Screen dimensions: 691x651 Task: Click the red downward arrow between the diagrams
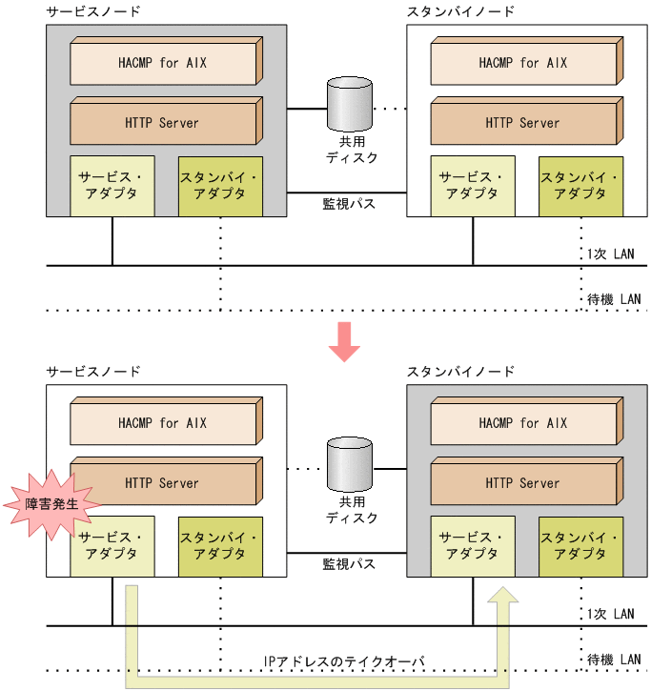coord(343,342)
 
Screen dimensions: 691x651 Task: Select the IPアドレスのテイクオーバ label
coord(344,661)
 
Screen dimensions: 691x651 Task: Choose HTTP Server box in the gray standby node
coord(523,483)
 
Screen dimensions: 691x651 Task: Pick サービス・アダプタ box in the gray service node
coord(111,185)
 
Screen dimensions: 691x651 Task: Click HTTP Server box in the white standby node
coord(523,123)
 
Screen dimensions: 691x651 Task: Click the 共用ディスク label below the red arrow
coord(352,510)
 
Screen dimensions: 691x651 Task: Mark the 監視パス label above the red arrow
coord(348,203)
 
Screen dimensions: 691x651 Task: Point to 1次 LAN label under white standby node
coord(610,254)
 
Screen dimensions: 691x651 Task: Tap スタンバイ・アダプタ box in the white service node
coord(219,545)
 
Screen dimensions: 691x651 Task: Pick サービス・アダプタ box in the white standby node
coord(471,185)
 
